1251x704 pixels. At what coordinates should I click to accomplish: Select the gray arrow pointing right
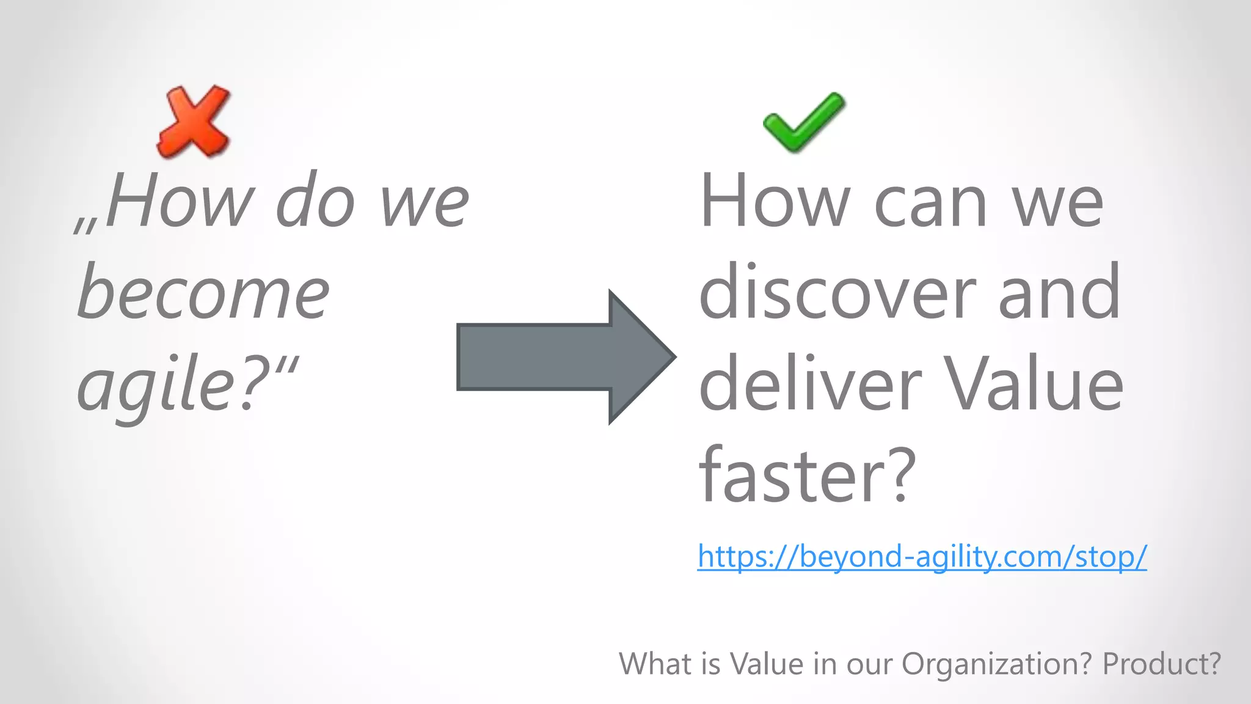[565, 357]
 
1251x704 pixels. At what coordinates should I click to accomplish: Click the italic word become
[203, 293]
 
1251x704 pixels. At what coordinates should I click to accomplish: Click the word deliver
[810, 385]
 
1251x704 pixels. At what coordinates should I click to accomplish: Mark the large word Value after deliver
[1033, 385]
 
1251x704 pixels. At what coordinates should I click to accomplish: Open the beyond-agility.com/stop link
[922, 556]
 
